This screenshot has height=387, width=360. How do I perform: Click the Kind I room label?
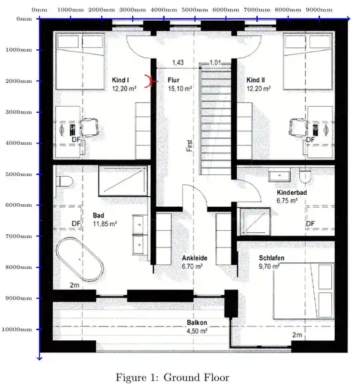pos(120,80)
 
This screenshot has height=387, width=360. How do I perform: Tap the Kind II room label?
pos(256,80)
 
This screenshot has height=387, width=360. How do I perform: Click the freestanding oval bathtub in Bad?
pos(80,260)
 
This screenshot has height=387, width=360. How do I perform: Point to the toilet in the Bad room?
pos(65,181)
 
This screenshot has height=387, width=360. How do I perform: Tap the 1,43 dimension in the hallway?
pos(178,63)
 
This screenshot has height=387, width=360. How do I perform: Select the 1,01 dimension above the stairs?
pos(215,63)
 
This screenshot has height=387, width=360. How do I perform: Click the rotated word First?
pos(189,145)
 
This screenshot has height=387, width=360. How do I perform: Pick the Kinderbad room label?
pos(292,192)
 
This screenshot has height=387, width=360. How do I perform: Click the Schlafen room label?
pos(271,258)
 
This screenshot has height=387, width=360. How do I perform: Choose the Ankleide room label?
pos(195,258)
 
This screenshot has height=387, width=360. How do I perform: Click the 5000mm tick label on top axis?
pos(195,10)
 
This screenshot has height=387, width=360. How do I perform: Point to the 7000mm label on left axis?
pos(19,236)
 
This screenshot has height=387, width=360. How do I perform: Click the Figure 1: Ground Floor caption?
pos(173,378)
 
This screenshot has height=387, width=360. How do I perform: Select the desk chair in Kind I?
pos(90,127)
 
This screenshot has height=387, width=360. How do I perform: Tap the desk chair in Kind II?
pos(298,127)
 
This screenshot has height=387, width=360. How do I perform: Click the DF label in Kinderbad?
pos(311,224)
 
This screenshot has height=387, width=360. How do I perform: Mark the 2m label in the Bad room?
pos(75,285)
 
